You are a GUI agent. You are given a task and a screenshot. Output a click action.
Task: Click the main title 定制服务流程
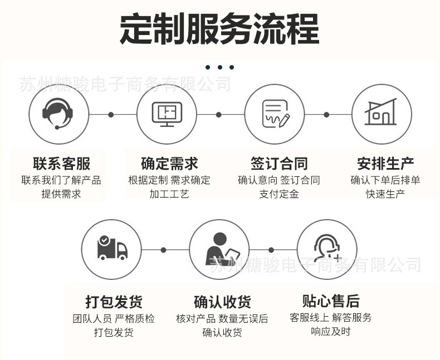tap(219, 28)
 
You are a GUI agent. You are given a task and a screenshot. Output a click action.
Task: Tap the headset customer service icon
tap(58, 114)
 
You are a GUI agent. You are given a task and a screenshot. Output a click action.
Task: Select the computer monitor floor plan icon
tap(167, 114)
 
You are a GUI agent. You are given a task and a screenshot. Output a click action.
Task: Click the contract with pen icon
tap(276, 114)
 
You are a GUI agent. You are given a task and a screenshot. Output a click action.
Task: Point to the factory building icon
tap(381, 112)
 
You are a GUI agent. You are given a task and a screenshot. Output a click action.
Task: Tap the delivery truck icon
tap(113, 248)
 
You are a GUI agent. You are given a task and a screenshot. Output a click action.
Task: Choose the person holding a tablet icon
tap(222, 249)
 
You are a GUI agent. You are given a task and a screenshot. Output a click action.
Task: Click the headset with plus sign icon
tap(327, 248)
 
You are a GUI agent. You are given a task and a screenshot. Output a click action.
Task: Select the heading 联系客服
tap(61, 164)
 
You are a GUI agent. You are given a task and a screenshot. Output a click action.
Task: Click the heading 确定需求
tap(169, 164)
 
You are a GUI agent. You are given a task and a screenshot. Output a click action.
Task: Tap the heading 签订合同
tap(279, 164)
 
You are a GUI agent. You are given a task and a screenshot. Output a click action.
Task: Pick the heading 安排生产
tap(385, 164)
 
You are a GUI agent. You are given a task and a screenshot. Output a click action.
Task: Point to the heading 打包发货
tap(114, 302)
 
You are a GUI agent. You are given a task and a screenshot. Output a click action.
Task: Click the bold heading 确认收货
tap(222, 302)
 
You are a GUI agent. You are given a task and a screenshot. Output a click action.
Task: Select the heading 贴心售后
tap(331, 301)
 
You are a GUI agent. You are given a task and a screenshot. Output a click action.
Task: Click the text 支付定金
tap(279, 194)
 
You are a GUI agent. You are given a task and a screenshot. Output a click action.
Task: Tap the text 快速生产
tap(385, 194)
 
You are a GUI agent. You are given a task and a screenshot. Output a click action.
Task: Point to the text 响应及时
tap(331, 332)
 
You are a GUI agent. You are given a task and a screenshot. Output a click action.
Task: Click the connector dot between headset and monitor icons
tap(111, 115)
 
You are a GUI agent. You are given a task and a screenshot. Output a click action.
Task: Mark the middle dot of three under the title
tap(219, 67)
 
